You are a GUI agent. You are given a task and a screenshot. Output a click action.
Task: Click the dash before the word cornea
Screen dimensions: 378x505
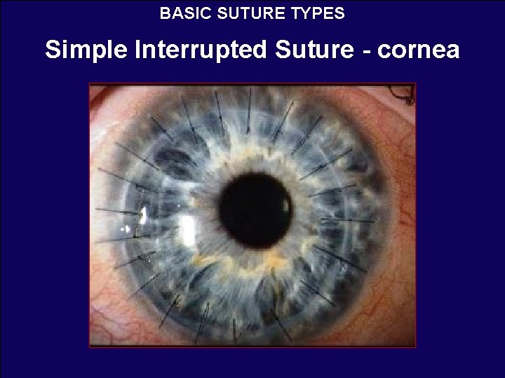click(x=358, y=50)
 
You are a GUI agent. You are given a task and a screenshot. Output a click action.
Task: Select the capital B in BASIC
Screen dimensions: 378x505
click(x=164, y=13)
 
